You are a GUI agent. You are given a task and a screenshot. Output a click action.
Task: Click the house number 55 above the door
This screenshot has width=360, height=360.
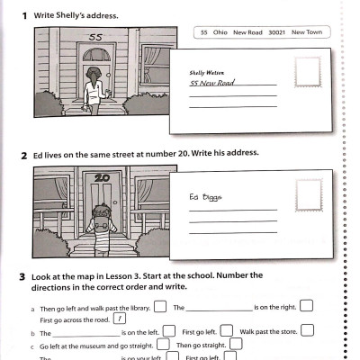[95, 38]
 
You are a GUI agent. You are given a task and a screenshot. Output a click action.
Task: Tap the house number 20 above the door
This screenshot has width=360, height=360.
[101, 178]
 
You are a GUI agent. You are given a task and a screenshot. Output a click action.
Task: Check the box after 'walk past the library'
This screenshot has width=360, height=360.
[160, 306]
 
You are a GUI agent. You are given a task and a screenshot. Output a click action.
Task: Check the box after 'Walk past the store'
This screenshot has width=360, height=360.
[308, 330]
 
